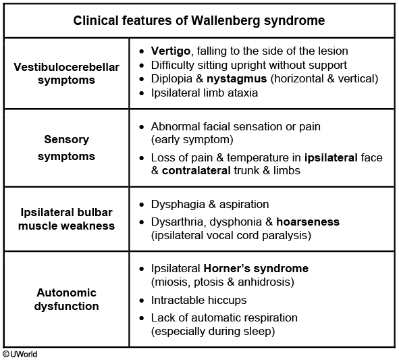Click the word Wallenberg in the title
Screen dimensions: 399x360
click(x=225, y=21)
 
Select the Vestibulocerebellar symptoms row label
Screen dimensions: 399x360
click(x=66, y=74)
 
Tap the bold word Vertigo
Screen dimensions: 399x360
click(x=171, y=51)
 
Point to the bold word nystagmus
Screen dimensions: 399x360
click(x=237, y=79)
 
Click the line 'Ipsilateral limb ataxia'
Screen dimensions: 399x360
click(x=205, y=93)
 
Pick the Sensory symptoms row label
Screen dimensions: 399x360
click(x=66, y=148)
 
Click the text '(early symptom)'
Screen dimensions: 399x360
click(x=192, y=140)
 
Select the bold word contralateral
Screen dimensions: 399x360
click(x=196, y=171)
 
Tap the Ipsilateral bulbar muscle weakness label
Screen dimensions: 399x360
click(x=66, y=219)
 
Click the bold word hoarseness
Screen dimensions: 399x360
click(x=308, y=222)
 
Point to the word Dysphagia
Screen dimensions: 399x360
click(x=178, y=205)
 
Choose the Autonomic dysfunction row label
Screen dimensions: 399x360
click(x=66, y=299)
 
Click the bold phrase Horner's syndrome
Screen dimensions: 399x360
click(x=256, y=268)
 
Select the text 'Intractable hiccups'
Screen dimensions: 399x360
click(x=198, y=301)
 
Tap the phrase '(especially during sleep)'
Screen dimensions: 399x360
click(x=213, y=332)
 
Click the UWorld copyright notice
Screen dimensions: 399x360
click(x=20, y=354)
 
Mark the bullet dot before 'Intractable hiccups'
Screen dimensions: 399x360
click(x=142, y=301)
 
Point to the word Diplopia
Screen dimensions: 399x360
click(x=171, y=79)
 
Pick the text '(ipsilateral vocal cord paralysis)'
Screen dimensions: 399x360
click(x=231, y=236)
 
